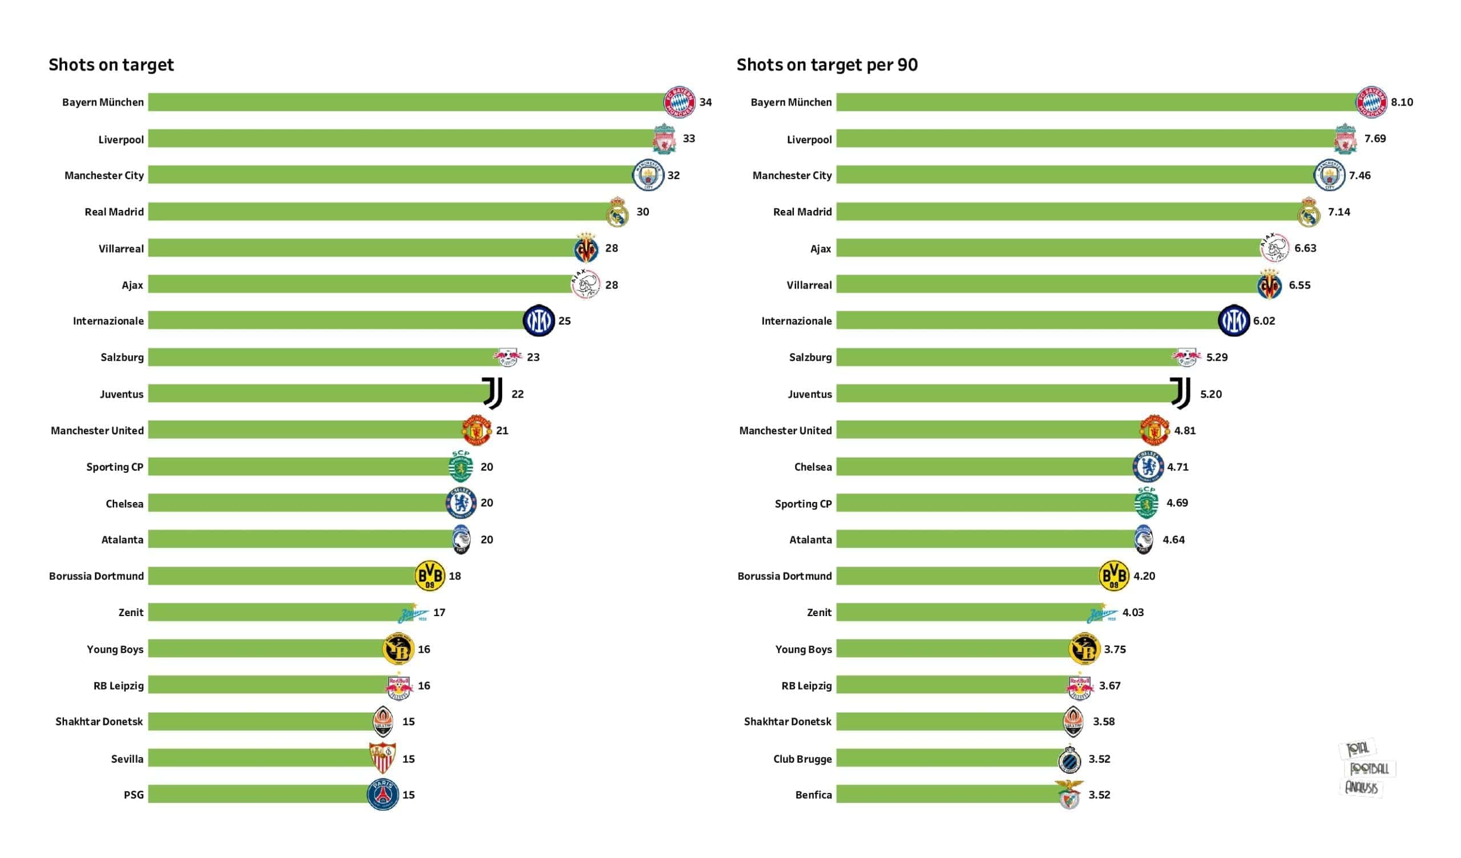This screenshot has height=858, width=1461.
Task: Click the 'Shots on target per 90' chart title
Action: click(827, 65)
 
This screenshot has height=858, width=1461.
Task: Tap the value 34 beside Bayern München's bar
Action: click(705, 103)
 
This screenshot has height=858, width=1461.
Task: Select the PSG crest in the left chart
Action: click(382, 795)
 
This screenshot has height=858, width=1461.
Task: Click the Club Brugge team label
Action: click(802, 759)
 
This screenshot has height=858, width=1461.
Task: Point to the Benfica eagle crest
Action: click(1069, 795)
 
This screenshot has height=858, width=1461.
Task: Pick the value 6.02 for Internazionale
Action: click(1264, 321)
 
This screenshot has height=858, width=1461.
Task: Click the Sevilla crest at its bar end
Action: click(382, 758)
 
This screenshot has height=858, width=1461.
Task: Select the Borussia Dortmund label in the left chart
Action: click(96, 576)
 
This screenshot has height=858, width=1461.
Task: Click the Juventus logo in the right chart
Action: click(1180, 394)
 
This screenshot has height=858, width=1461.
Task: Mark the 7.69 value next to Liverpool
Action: click(1375, 139)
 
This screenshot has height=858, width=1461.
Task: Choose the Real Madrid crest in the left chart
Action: click(618, 212)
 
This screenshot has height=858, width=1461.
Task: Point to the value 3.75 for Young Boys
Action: click(1115, 649)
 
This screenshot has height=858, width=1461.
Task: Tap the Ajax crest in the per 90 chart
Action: click(1274, 248)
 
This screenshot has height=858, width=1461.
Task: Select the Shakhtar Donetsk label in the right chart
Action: click(788, 722)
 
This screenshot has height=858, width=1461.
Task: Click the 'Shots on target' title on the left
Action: click(111, 65)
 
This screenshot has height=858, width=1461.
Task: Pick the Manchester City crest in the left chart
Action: click(648, 175)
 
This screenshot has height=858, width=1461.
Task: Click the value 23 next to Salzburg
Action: click(533, 358)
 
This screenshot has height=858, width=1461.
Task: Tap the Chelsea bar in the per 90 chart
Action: click(986, 467)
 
